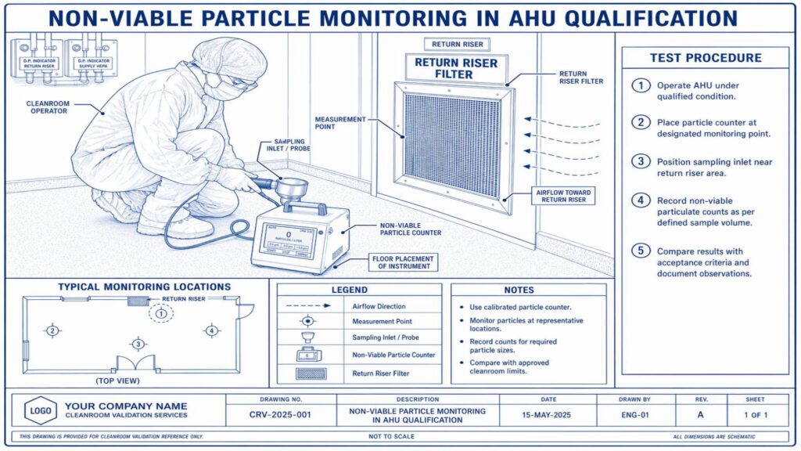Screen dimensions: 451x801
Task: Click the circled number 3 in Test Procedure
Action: (641, 161)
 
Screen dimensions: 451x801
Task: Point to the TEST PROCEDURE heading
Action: (705, 58)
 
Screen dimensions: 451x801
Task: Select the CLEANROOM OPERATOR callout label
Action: (48, 106)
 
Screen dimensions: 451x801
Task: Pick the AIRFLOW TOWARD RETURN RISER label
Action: (565, 196)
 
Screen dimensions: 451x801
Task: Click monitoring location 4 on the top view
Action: (211, 330)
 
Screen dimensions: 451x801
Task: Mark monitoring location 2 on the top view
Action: (52, 330)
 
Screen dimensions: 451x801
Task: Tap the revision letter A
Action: (701, 414)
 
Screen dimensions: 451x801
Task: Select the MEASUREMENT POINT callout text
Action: (340, 124)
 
